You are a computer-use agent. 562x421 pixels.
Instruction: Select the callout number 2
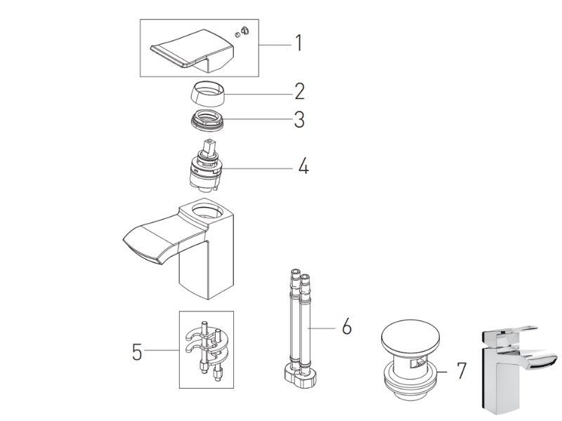click(x=300, y=91)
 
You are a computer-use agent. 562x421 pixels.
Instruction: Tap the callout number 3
click(x=300, y=119)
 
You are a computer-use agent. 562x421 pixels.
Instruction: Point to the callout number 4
click(x=303, y=166)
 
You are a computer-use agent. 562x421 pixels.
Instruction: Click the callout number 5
click(x=137, y=352)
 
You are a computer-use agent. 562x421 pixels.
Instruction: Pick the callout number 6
click(x=346, y=326)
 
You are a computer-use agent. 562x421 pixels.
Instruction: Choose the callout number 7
click(x=461, y=370)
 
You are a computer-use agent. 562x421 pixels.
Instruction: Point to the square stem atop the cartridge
click(x=209, y=147)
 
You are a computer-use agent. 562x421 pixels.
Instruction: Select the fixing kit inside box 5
click(x=206, y=349)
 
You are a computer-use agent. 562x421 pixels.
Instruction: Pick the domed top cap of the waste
click(x=410, y=338)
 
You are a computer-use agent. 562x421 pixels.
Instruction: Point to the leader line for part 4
click(x=255, y=168)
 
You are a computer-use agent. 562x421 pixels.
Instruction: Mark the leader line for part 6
click(x=322, y=327)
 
